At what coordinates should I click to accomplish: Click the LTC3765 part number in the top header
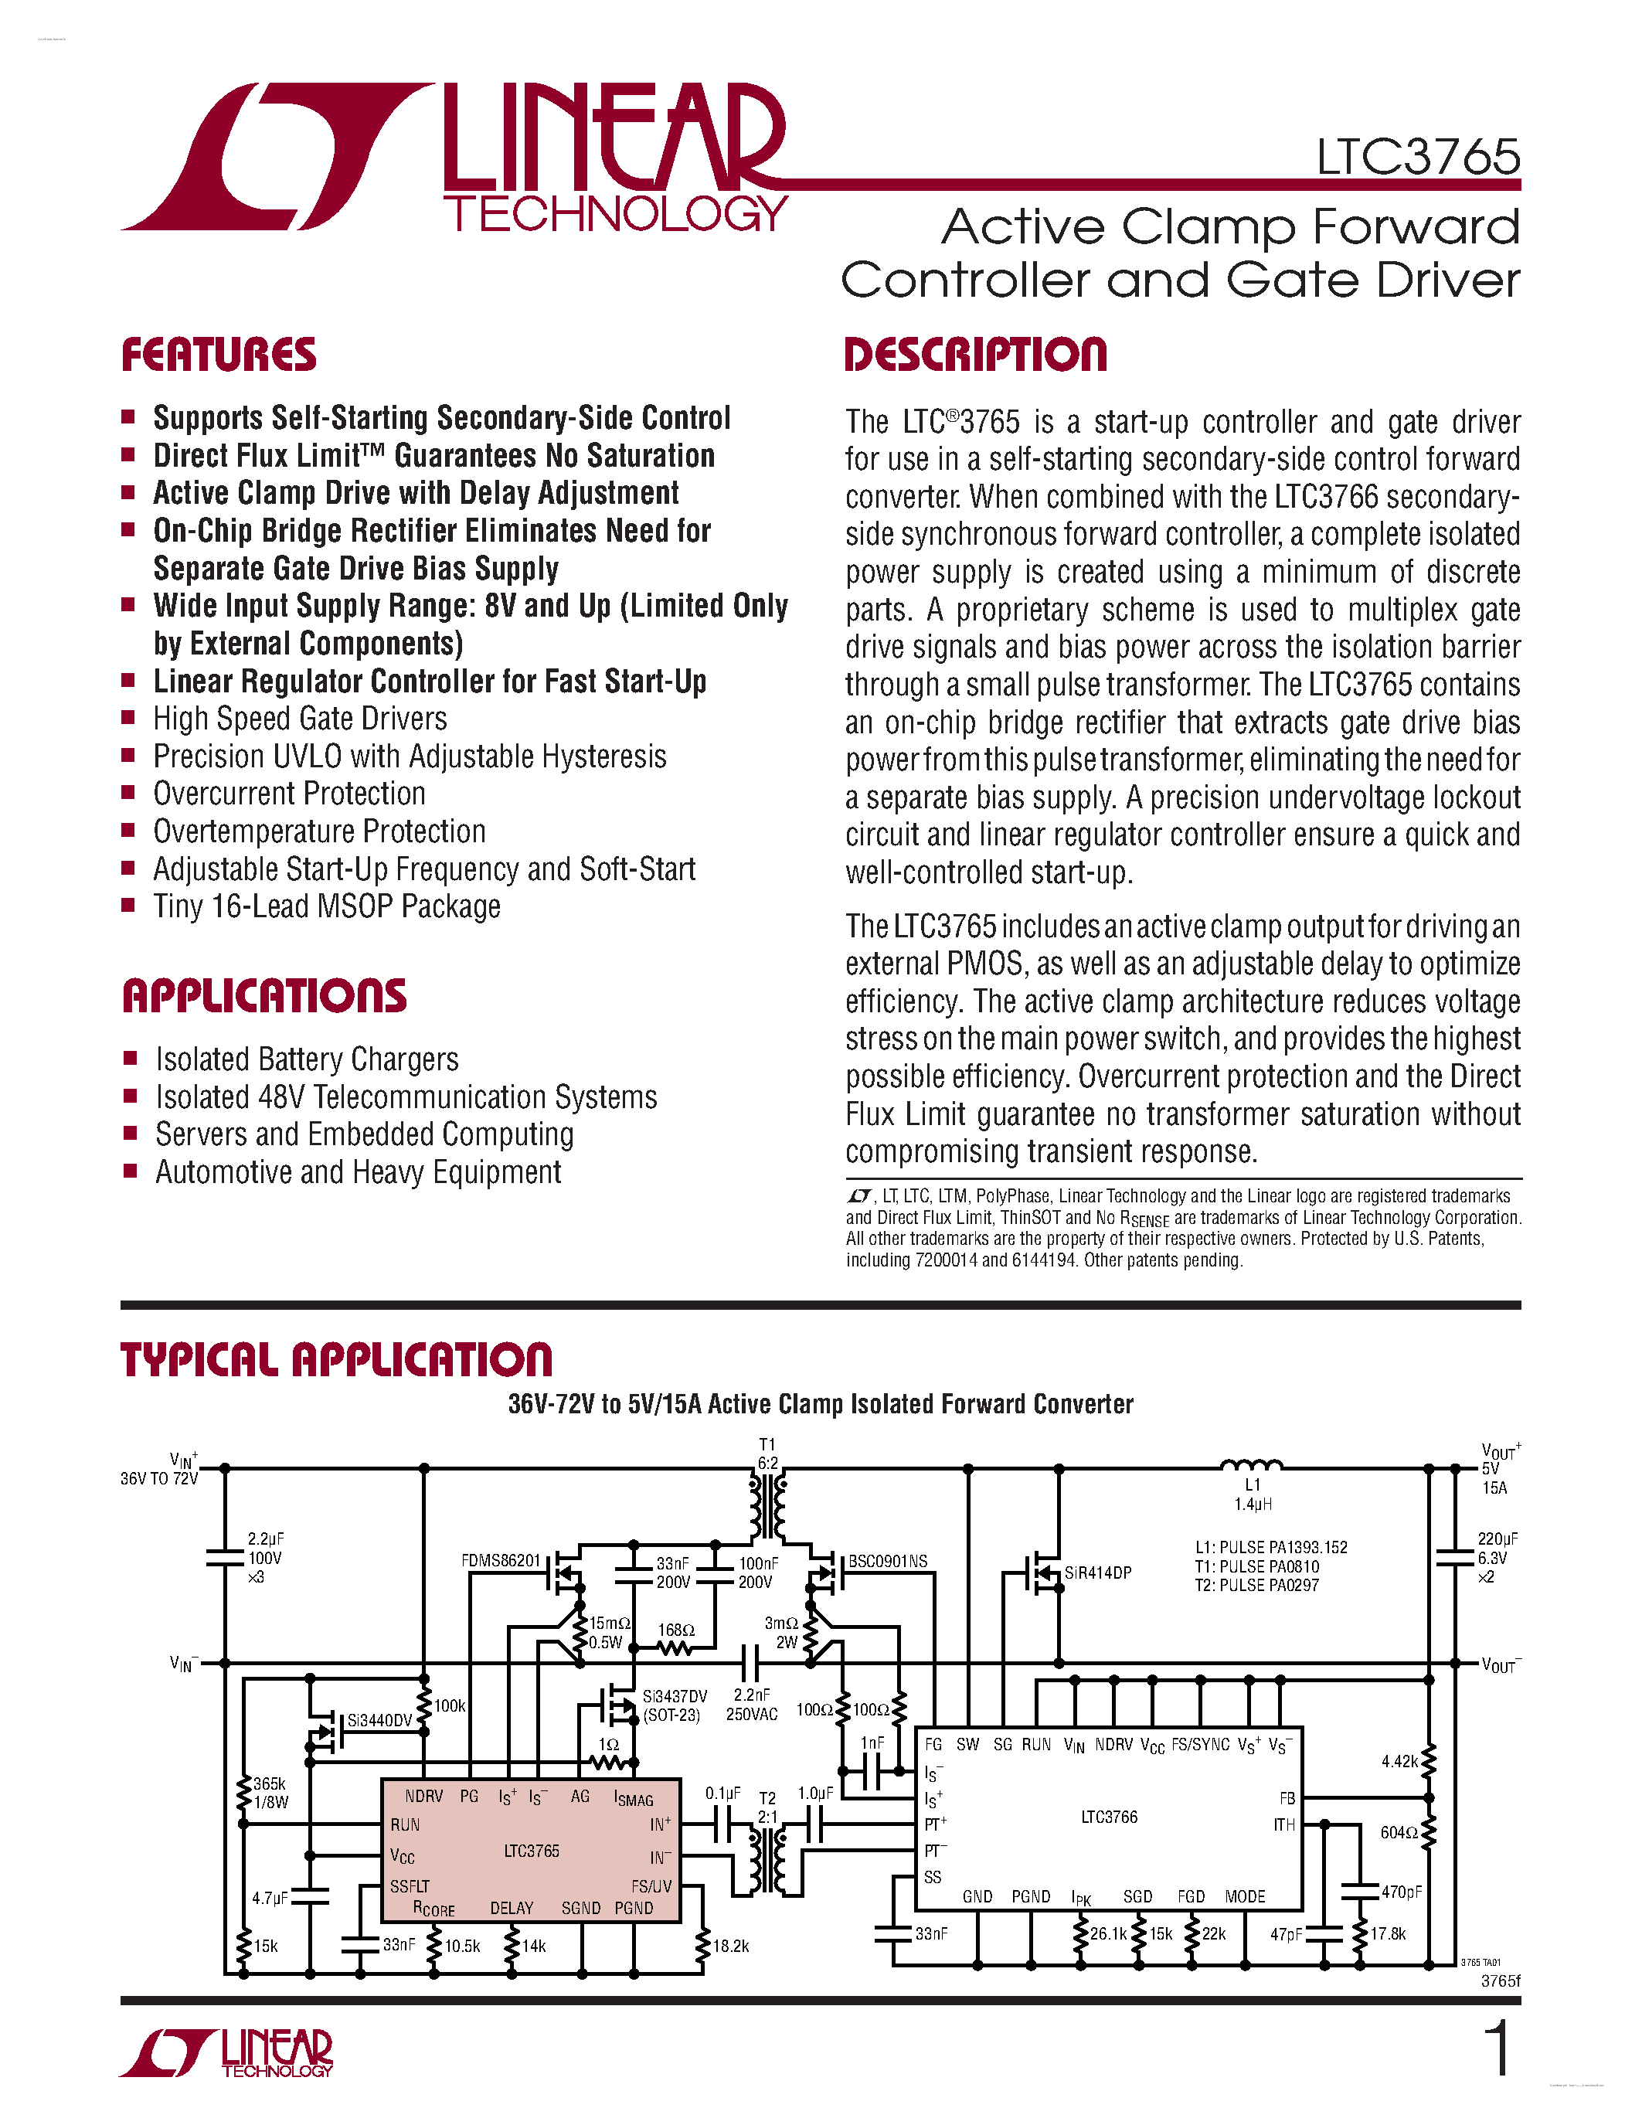tap(1417, 157)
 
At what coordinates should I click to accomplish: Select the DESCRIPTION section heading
tap(976, 355)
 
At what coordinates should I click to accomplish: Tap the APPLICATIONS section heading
tap(264, 996)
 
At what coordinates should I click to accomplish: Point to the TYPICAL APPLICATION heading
tap(337, 1360)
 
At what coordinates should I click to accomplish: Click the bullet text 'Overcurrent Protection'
tap(289, 794)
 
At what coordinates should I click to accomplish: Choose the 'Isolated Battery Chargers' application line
tap(307, 1059)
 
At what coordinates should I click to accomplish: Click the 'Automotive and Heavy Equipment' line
tap(358, 1172)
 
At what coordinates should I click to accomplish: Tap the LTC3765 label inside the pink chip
tap(531, 1851)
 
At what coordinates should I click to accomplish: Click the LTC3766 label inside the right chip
tap(1109, 1817)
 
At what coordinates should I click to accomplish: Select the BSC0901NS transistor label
tap(887, 1562)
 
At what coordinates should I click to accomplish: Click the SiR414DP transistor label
tap(1097, 1573)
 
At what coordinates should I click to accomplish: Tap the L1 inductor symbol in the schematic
tap(1251, 1464)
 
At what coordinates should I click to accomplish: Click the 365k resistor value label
tap(270, 1783)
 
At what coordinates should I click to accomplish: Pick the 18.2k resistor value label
tap(730, 1946)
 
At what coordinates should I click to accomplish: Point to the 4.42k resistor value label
tap(1399, 1761)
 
